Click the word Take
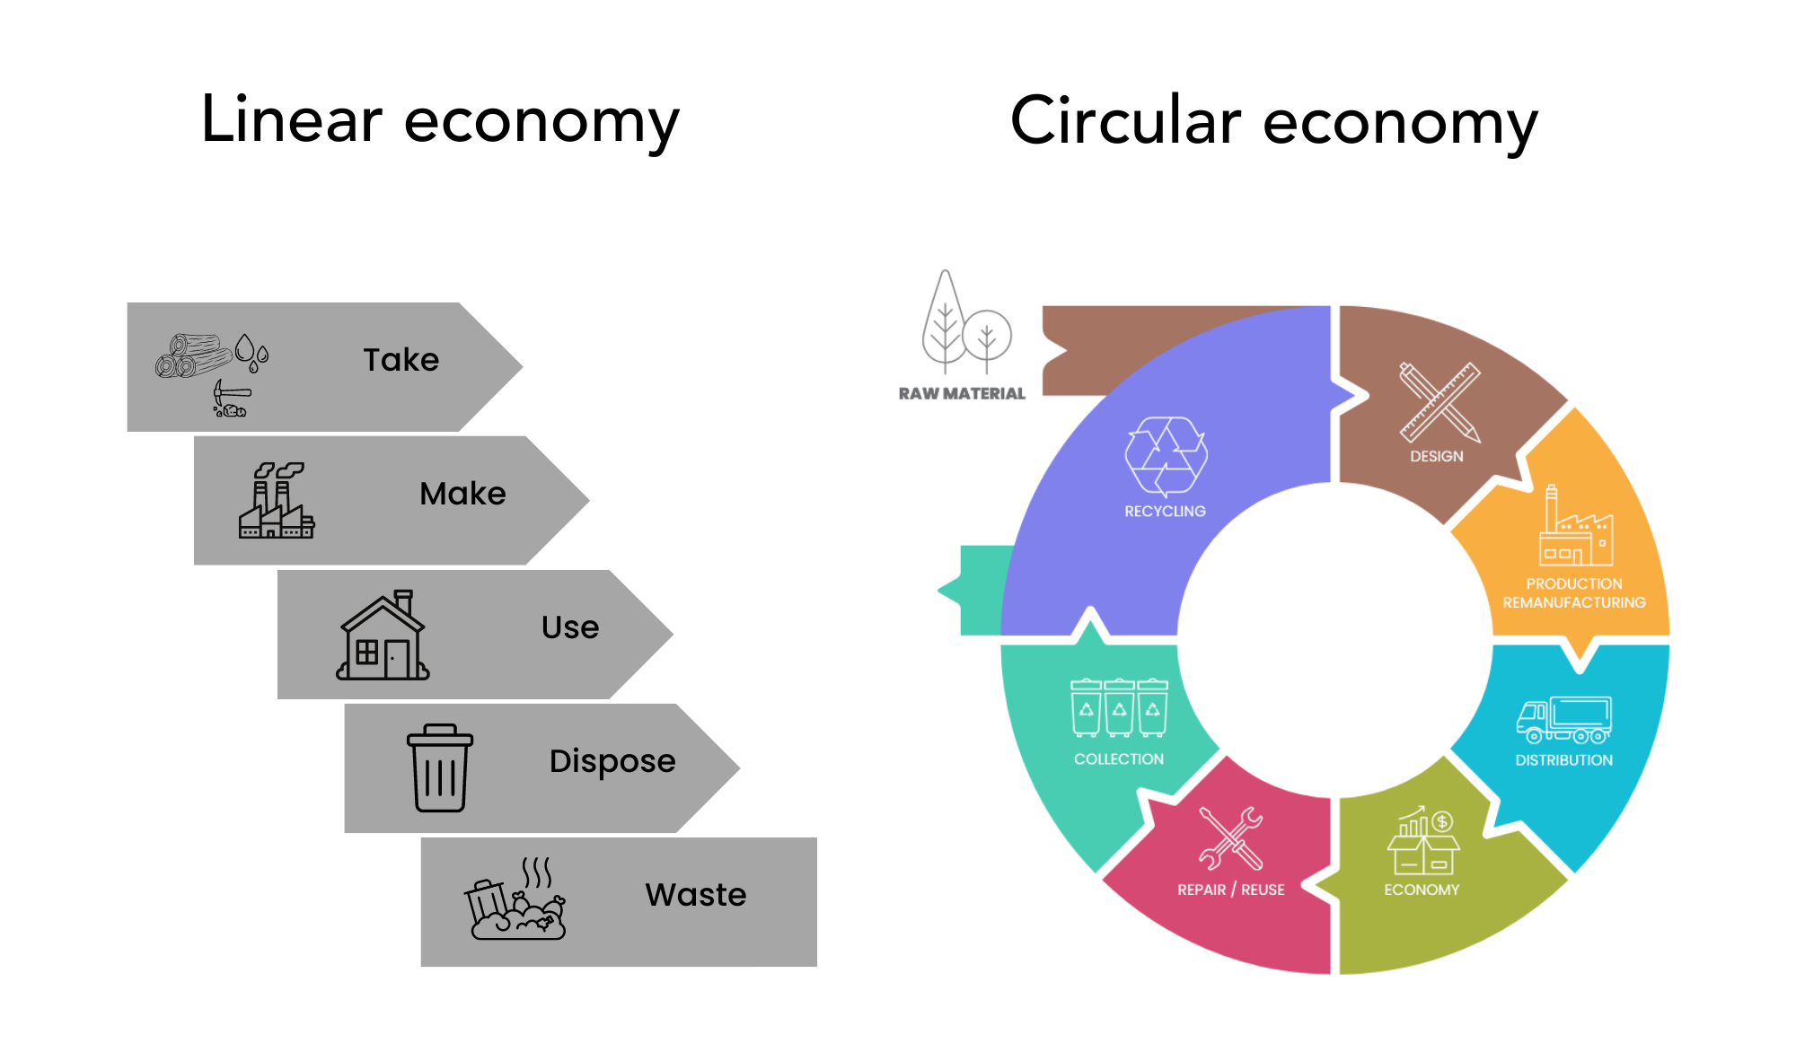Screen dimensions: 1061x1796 [x=401, y=360]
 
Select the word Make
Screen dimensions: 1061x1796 [x=462, y=494]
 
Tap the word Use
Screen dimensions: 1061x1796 [x=570, y=627]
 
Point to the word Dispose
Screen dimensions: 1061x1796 [x=612, y=761]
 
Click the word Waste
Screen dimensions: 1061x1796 [x=696, y=895]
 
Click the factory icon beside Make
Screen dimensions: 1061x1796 [x=277, y=501]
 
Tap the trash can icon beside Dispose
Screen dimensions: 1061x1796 [x=440, y=767]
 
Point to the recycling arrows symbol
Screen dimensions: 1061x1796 [x=1166, y=455]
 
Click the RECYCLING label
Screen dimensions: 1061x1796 [x=1165, y=511]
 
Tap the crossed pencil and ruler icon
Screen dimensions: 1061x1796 [x=1439, y=401]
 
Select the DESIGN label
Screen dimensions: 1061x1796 [x=1436, y=456]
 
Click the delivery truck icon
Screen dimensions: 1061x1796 [x=1563, y=720]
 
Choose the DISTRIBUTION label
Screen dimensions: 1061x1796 [x=1563, y=760]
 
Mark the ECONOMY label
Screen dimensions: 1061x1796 [x=1422, y=890]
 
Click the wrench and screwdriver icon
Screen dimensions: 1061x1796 [x=1231, y=838]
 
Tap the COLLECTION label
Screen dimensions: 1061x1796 [x=1119, y=759]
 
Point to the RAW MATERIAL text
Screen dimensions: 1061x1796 [x=962, y=393]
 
